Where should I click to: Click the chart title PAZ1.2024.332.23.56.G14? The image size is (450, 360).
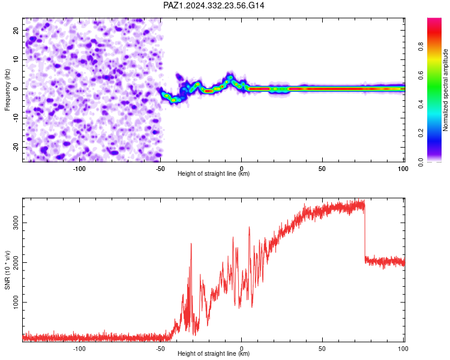214,5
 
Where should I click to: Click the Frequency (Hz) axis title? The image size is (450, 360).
7,90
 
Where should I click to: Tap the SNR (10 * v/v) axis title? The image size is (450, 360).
7,270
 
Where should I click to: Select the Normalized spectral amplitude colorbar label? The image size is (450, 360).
445,90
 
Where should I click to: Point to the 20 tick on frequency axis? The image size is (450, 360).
16,30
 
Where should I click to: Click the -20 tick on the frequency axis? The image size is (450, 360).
16,147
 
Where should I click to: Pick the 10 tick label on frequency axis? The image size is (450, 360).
16,59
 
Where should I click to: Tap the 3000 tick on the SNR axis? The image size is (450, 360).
16,223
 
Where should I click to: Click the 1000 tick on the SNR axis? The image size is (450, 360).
16,302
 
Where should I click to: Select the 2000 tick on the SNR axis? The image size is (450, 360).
16,262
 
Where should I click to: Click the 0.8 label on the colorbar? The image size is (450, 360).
421,47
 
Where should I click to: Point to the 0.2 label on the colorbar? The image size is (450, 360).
421,133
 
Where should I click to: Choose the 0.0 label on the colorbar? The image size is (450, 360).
421,162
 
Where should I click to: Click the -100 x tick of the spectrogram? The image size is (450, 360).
79,169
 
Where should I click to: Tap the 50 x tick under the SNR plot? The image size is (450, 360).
322,349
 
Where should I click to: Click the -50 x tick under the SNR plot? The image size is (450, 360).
160,349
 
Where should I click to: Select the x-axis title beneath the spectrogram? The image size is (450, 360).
214,173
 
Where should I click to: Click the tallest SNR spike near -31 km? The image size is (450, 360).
191,244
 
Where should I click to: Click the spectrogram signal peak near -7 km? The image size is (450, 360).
230,77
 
